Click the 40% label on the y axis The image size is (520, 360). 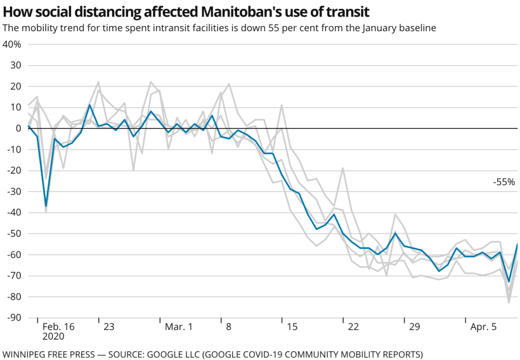click(x=11, y=44)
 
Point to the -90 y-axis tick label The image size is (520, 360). click(x=12, y=317)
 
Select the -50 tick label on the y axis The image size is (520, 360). click(x=12, y=233)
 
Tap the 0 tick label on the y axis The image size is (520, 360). click(x=18, y=128)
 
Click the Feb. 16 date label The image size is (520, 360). click(x=58, y=327)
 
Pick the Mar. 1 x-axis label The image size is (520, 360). click(x=178, y=327)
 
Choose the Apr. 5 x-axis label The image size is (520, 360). click(x=484, y=327)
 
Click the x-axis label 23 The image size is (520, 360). click(x=109, y=327)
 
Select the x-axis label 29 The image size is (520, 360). click(x=414, y=327)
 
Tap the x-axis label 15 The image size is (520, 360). click(x=292, y=327)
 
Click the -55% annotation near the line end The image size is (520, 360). click(x=504, y=182)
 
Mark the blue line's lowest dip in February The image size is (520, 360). click(x=46, y=206)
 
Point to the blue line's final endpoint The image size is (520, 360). click(x=517, y=243)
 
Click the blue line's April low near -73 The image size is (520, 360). click(x=509, y=282)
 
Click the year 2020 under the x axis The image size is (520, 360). click(x=53, y=337)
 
